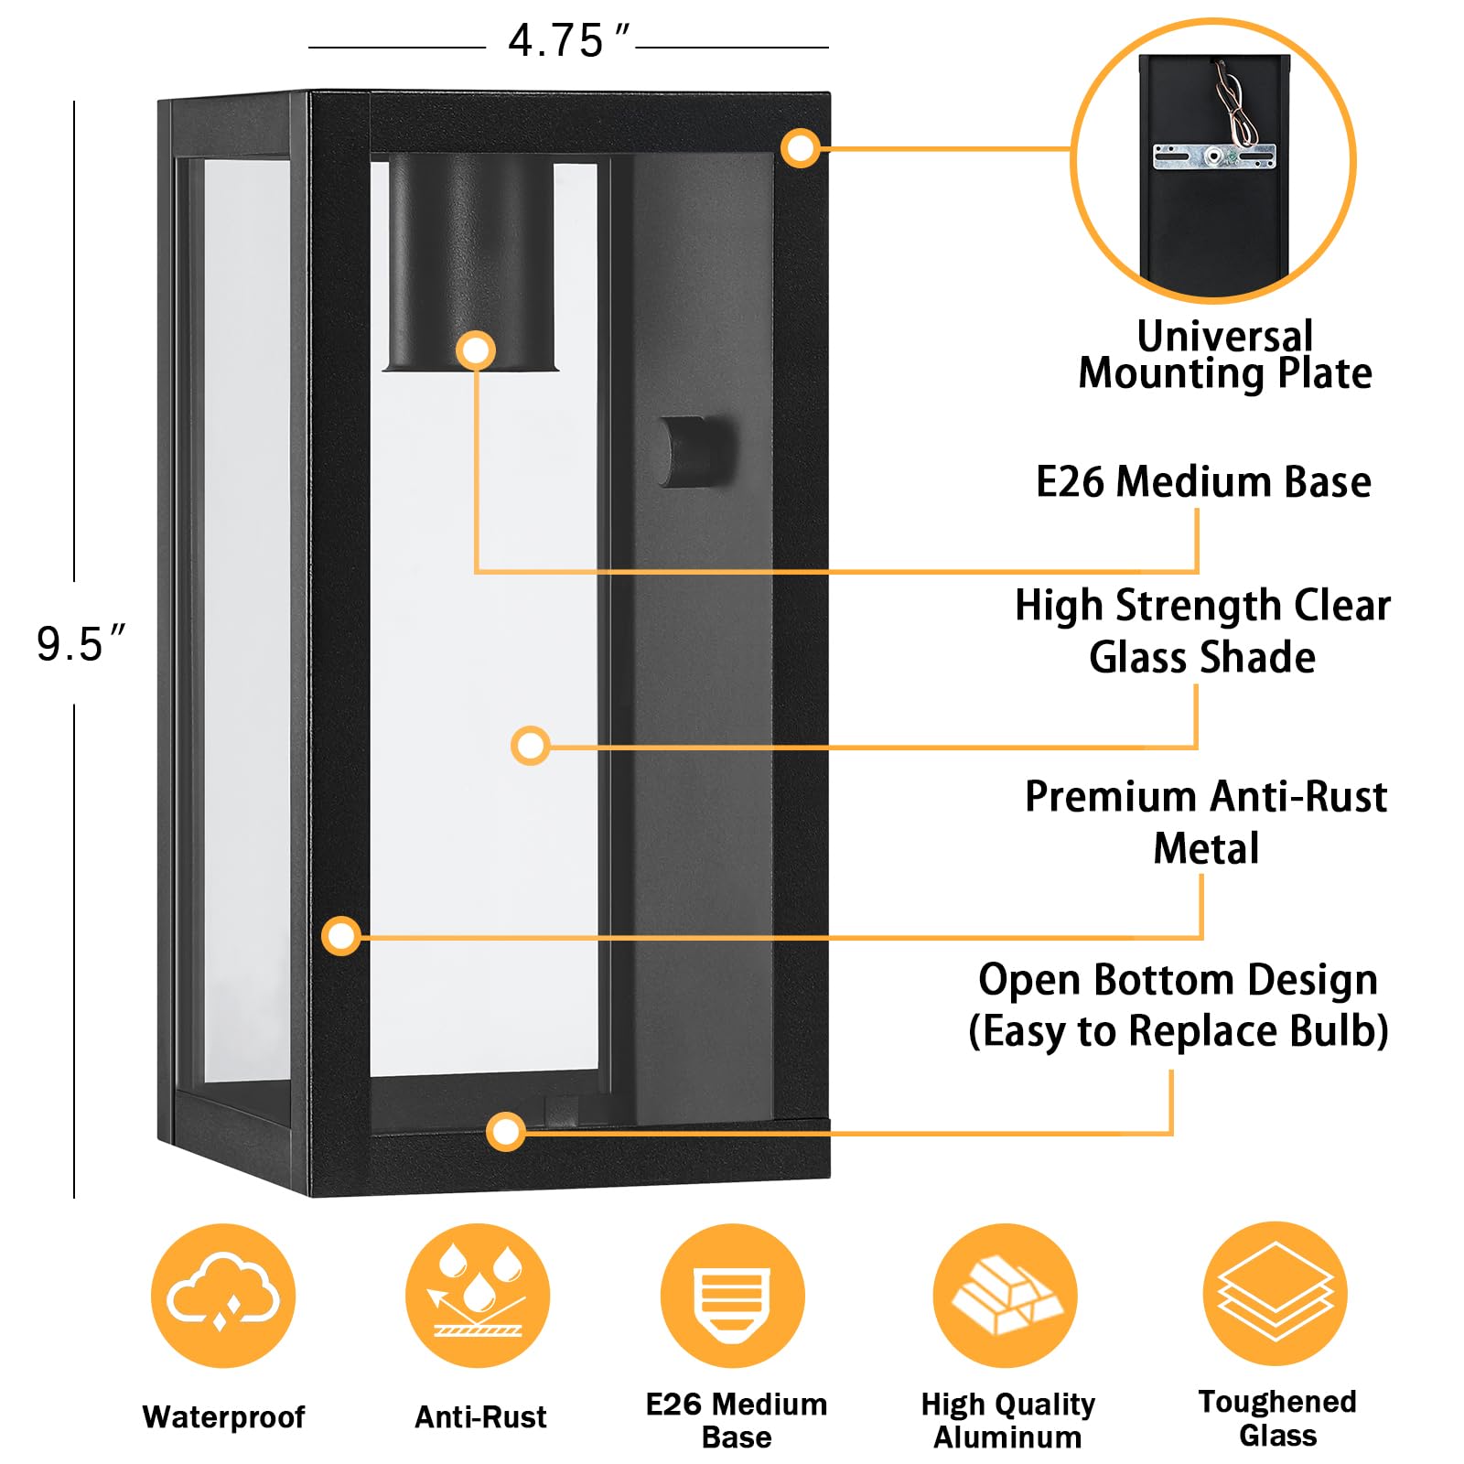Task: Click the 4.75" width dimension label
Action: [567, 42]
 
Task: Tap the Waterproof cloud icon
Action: [223, 1296]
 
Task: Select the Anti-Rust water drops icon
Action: [478, 1296]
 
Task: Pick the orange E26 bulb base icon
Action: [732, 1296]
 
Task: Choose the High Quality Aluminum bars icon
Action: [1006, 1296]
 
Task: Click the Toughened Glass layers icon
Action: [1276, 1294]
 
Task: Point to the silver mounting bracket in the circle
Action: [1213, 156]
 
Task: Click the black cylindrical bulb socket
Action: [472, 261]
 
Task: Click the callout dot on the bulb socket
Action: [476, 350]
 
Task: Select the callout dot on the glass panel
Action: [531, 746]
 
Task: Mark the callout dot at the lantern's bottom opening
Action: [506, 1132]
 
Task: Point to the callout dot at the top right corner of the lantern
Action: [801, 148]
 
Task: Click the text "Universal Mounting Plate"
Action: [1224, 355]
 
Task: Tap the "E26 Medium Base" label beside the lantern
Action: [1203, 481]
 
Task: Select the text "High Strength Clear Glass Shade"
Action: [1202, 630]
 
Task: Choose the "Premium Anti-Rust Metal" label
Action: [1205, 822]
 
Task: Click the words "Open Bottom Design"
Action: [1178, 980]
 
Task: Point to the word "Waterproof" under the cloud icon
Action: [223, 1416]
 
